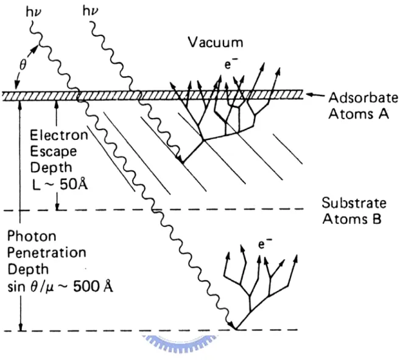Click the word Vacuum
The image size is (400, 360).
tap(216, 43)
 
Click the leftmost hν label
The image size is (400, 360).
tap(33, 12)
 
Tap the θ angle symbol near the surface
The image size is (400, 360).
tap(23, 65)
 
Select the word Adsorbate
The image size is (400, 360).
tap(363, 97)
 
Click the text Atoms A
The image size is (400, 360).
tap(359, 114)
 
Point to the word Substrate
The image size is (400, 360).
tap(354, 203)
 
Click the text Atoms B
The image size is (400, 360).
tap(352, 219)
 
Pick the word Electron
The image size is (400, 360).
tap(58, 135)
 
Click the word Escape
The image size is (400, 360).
tap(54, 151)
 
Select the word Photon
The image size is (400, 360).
tap(32, 236)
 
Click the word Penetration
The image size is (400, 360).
tap(47, 253)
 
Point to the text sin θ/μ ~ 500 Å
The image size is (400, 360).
tap(60, 286)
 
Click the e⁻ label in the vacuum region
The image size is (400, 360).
tap(228, 64)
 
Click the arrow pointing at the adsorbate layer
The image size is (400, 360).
tap(315, 95)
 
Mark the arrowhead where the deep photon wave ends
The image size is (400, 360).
tap(231, 325)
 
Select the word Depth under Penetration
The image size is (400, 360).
tap(28, 269)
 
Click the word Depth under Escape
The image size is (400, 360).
tap(51, 167)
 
